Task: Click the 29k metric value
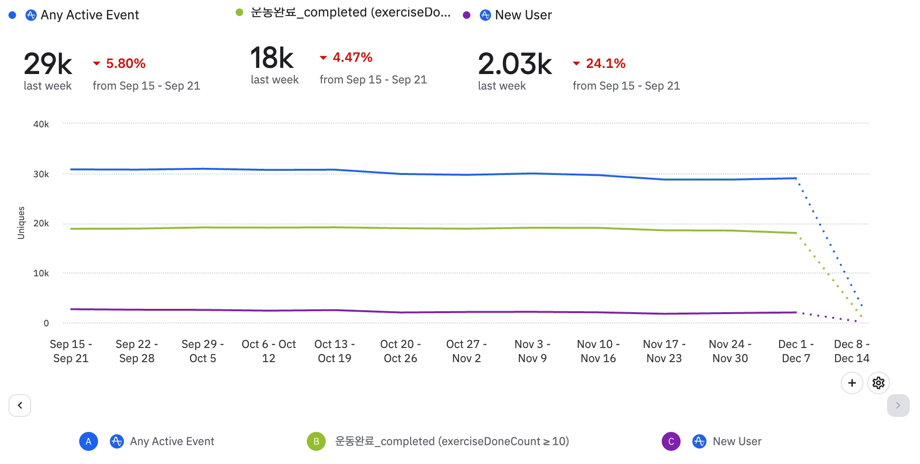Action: [x=48, y=64]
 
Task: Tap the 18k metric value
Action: [x=272, y=58]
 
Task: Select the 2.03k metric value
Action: [x=515, y=64]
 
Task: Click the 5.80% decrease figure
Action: [x=125, y=63]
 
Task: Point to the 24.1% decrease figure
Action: [x=605, y=63]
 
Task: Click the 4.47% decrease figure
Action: [x=352, y=58]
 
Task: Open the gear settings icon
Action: [x=878, y=382]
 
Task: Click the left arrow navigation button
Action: [x=20, y=405]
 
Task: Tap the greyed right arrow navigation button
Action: [x=898, y=405]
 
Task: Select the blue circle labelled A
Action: [x=89, y=441]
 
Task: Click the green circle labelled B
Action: [x=316, y=441]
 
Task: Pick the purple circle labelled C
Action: [x=671, y=441]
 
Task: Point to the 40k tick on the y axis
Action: [x=41, y=124]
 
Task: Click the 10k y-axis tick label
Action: [x=41, y=273]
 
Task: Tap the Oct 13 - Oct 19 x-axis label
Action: [x=335, y=351]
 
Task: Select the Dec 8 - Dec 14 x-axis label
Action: [x=852, y=351]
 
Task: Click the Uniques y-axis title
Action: [x=21, y=223]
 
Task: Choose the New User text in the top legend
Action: [x=523, y=15]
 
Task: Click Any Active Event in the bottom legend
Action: [x=172, y=441]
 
